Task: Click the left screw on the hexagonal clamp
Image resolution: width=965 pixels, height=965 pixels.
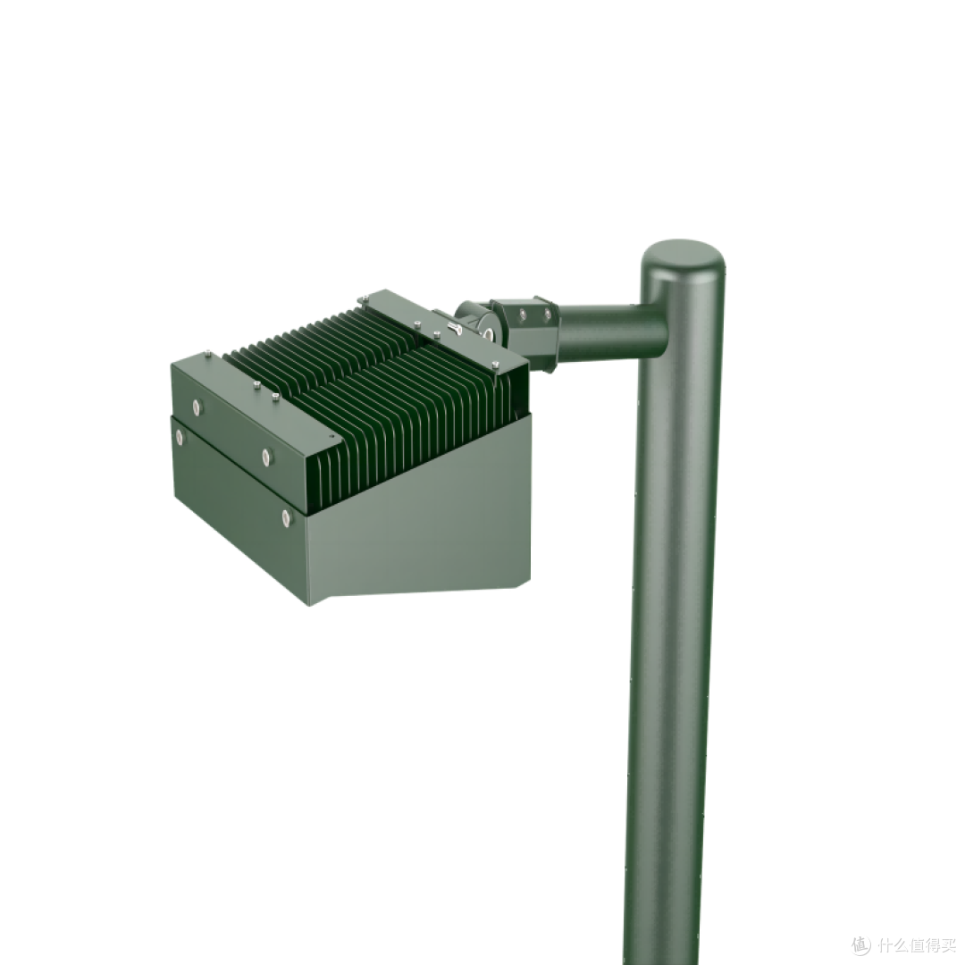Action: coord(521,314)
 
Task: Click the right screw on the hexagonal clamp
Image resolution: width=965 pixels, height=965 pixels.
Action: coord(547,315)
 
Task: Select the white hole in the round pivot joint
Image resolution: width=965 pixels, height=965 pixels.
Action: coord(490,335)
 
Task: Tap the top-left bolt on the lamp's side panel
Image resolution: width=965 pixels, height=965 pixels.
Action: coord(197,406)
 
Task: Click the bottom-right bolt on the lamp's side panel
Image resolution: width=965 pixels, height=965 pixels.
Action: coord(286,516)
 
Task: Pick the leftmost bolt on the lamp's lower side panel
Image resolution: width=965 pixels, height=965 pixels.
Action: coord(179,437)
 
